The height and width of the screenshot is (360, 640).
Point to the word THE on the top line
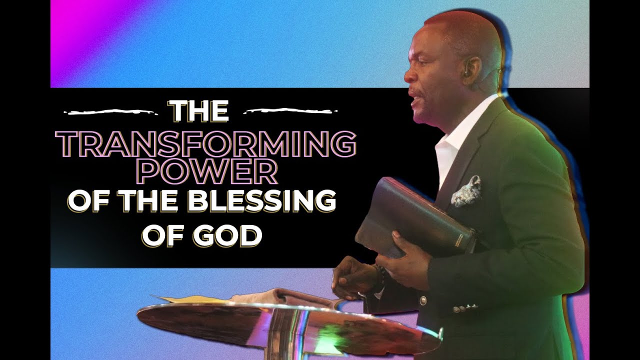tap(200, 111)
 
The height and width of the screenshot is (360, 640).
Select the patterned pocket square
tap(466, 191)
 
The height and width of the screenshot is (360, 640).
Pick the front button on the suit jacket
tap(422, 300)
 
